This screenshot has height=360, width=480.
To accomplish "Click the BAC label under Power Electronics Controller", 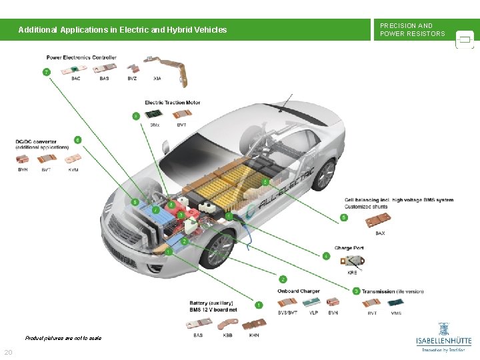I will click(x=76, y=79).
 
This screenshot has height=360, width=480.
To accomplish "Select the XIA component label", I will click(x=157, y=79).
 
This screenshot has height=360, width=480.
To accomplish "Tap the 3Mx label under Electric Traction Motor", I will click(x=154, y=125).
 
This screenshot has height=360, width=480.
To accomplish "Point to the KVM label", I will click(x=73, y=169).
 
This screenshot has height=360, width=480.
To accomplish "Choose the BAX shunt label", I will click(x=380, y=233).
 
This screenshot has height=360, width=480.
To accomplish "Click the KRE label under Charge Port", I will click(x=352, y=272).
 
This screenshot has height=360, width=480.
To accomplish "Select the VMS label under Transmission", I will click(x=396, y=313).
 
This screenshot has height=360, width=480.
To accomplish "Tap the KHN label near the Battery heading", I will click(x=253, y=335).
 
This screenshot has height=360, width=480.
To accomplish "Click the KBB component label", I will click(x=227, y=335).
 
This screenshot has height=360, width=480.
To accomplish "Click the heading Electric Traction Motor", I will click(x=173, y=103).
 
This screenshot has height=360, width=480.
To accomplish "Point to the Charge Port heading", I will click(x=349, y=248).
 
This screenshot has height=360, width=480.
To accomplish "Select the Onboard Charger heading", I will click(x=299, y=291).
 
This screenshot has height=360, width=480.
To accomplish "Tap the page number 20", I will click(x=8, y=352).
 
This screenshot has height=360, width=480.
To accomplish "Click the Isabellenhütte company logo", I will click(x=443, y=336).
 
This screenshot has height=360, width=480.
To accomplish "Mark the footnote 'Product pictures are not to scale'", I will click(x=63, y=338).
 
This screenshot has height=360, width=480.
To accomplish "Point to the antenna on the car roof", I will click(x=288, y=103).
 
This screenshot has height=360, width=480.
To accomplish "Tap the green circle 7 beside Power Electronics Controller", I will click(x=46, y=71).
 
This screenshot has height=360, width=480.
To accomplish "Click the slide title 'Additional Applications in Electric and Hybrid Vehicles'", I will click(x=123, y=30).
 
